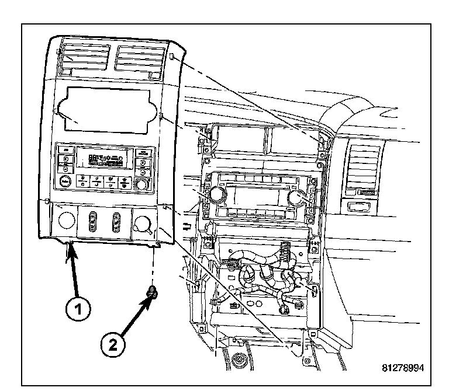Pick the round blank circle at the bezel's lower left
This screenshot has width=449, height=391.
[66, 221]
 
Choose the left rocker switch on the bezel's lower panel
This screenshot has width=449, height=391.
[92, 221]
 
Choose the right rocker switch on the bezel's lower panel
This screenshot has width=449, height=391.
[116, 222]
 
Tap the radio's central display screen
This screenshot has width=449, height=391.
[257, 195]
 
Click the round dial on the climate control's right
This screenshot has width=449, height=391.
[140, 186]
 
